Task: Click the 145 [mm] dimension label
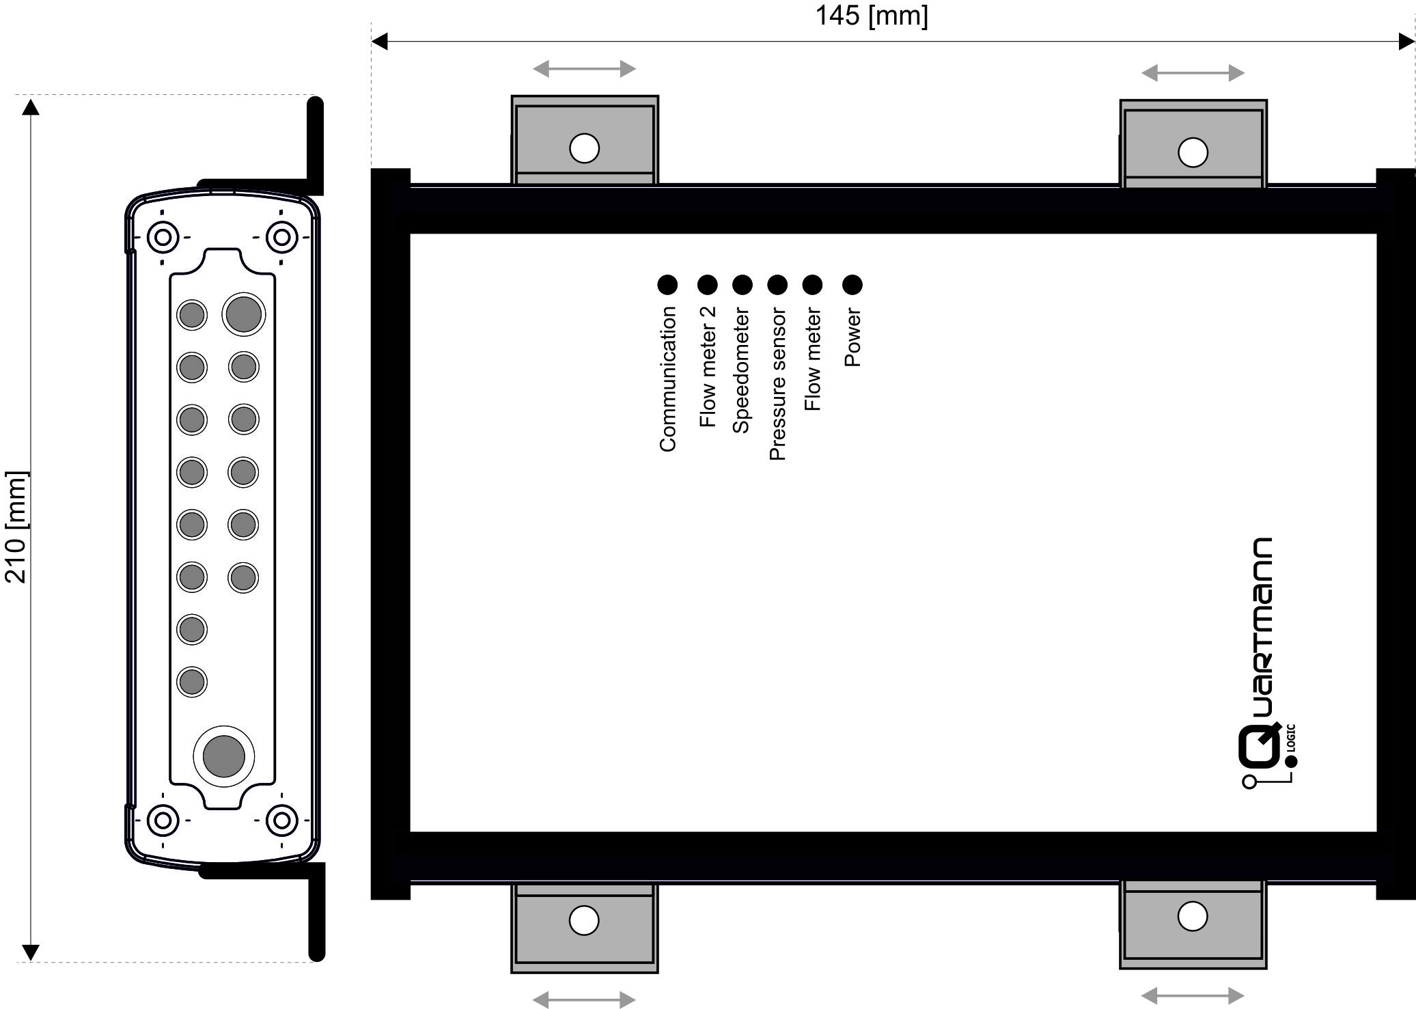[872, 16]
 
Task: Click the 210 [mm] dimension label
[16, 527]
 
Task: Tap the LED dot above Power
[852, 285]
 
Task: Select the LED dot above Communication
[667, 285]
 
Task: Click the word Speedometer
[741, 370]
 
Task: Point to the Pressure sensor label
[777, 384]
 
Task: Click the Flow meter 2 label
[708, 367]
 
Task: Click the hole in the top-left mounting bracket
[584, 148]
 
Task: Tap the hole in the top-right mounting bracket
[1193, 152]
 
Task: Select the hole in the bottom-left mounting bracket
[584, 920]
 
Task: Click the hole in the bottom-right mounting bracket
[1193, 916]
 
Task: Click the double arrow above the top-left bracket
[584, 68]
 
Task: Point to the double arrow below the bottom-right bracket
[1193, 996]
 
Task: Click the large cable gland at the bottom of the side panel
[224, 756]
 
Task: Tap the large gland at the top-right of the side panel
[243, 314]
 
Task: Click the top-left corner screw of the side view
[163, 238]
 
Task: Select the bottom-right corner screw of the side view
[281, 820]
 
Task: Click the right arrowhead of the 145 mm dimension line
[1406, 42]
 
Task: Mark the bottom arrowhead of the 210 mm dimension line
[31, 952]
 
